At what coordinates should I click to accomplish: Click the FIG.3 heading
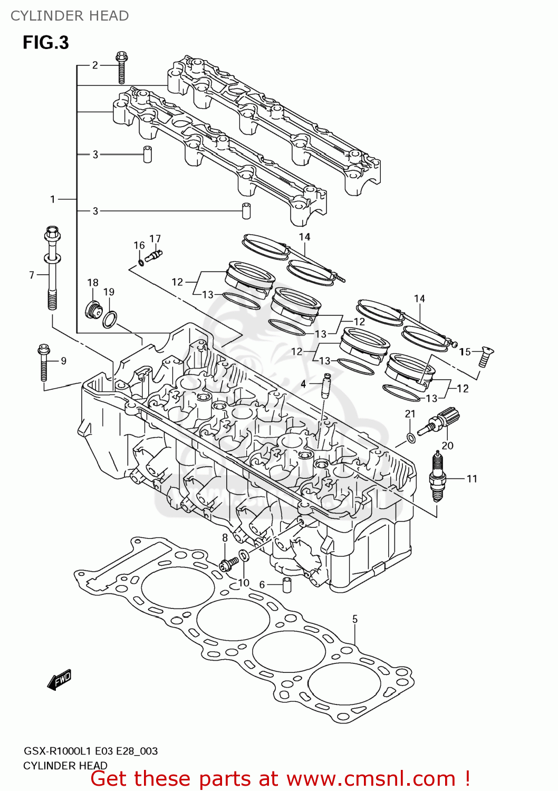(x=46, y=43)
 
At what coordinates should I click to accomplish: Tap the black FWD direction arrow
(x=59, y=680)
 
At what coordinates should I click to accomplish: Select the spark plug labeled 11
(x=437, y=477)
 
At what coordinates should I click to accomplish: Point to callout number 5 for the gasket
(x=355, y=619)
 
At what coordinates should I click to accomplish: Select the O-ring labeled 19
(x=110, y=320)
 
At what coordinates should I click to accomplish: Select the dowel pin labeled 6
(x=287, y=585)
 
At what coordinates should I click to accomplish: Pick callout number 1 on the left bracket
(x=53, y=199)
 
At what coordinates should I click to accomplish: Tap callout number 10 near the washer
(x=244, y=583)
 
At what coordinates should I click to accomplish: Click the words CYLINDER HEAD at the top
(x=70, y=16)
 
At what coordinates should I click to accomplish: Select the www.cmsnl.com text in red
(x=371, y=779)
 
